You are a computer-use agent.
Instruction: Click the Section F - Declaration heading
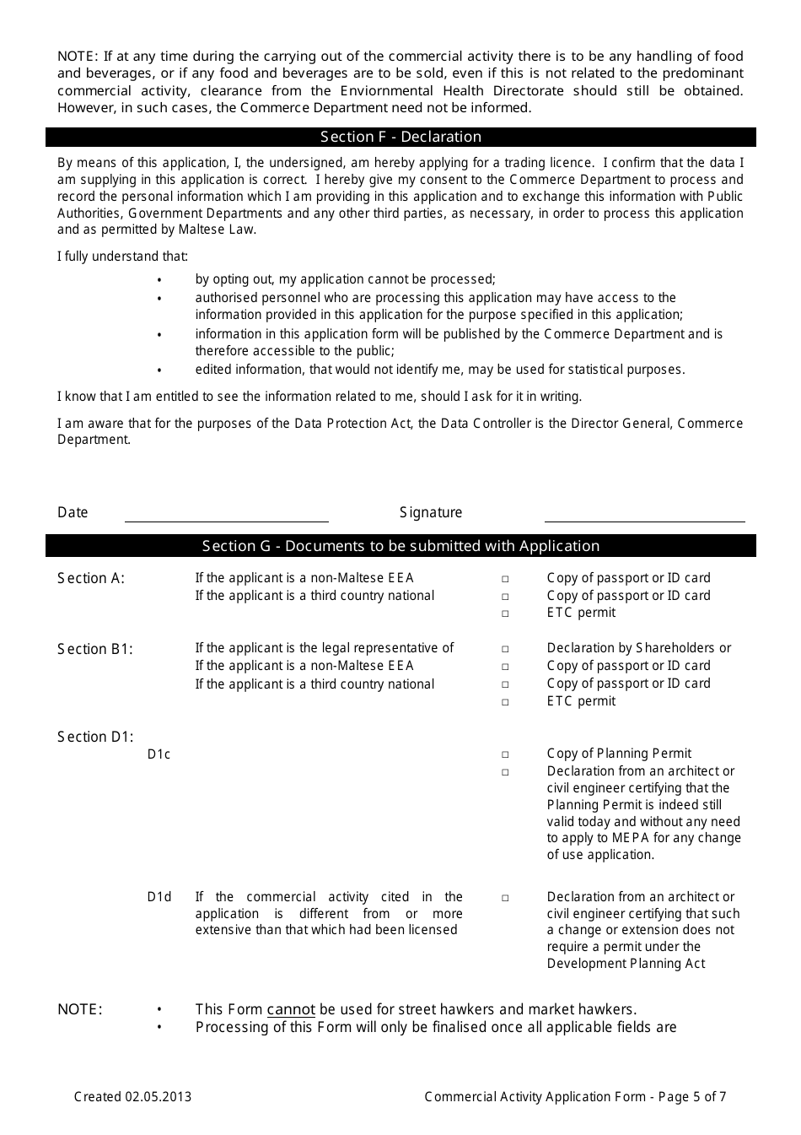pos(400,137)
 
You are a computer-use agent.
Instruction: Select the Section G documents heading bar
pos(400,546)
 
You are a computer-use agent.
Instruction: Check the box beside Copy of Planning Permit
pos(505,754)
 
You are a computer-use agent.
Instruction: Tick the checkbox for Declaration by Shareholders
pos(505,649)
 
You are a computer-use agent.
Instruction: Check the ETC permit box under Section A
pos(505,613)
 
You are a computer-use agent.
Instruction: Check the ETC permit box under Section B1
pos(505,702)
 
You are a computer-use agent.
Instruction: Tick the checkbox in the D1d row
pos(505,898)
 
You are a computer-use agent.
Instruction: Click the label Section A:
pos(91,578)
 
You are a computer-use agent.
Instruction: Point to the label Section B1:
pos(95,649)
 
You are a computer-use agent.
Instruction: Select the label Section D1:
pos(95,737)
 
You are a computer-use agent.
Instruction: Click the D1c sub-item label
pos(159,754)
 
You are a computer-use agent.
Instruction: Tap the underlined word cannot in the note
pos(291,1009)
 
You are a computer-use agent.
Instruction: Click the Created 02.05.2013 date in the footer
pos(132,1097)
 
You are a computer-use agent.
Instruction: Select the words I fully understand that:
pos(123,256)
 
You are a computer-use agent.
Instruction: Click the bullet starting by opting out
pos(345,279)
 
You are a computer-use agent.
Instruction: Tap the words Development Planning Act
pos(626,964)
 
